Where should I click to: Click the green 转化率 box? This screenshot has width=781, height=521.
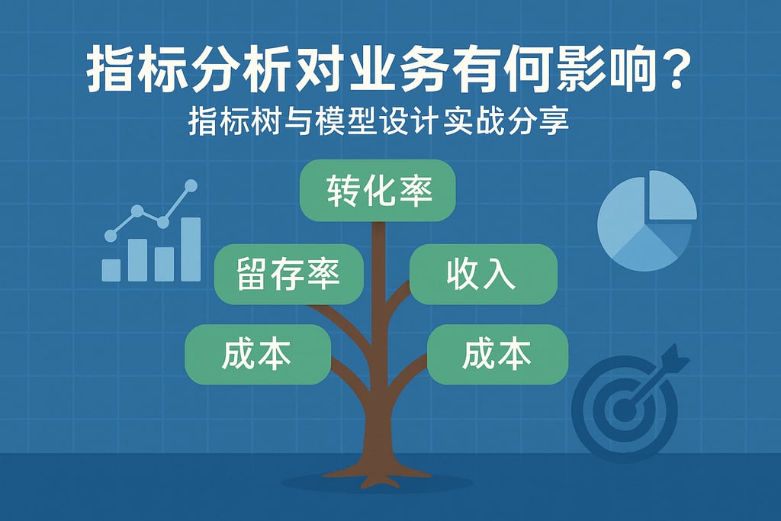(377, 190)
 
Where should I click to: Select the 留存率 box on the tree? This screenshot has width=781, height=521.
(288, 274)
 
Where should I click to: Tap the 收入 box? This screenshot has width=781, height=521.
(483, 274)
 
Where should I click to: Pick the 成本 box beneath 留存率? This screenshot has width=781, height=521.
(258, 354)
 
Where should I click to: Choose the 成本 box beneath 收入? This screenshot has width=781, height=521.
(497, 354)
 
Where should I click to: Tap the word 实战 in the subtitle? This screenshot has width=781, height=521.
(473, 121)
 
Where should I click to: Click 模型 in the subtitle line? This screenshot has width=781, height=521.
(345, 121)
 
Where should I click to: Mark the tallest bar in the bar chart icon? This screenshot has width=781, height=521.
(191, 249)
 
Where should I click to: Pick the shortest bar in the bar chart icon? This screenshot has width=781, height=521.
(111, 270)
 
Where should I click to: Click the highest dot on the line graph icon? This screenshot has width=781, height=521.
(191, 186)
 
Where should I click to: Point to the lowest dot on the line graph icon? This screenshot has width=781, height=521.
(111, 236)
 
